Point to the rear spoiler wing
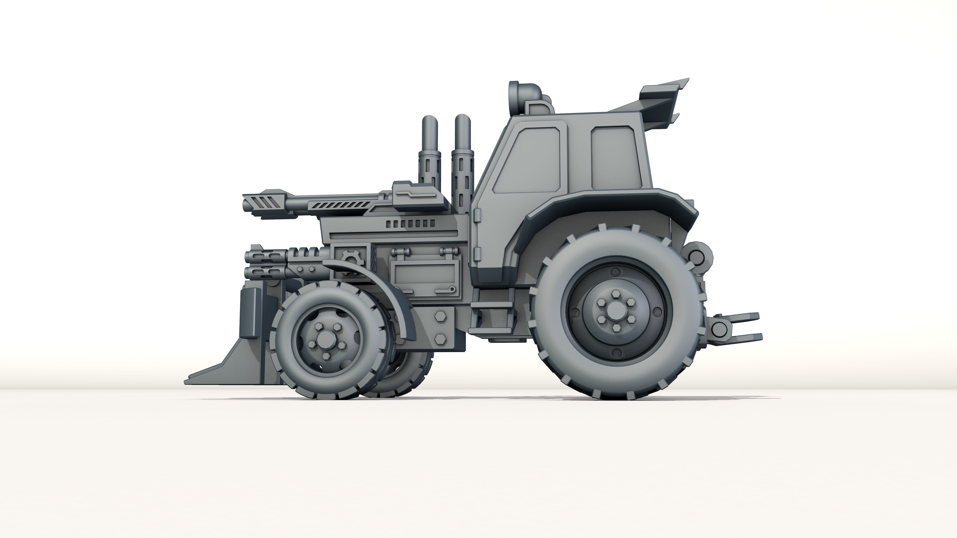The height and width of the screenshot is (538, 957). [661, 100]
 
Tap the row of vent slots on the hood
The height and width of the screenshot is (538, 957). [410, 223]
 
